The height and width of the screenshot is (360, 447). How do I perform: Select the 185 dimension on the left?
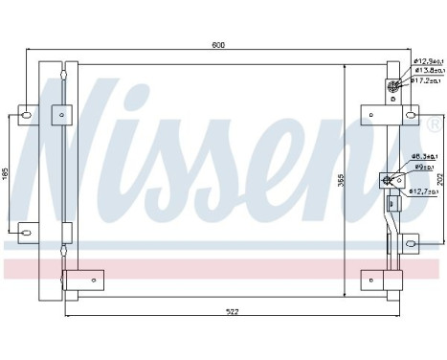pos(6,176)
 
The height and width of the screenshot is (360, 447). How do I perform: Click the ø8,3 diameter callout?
pos(424,156)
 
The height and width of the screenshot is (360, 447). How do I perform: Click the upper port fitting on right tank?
pos(392,87)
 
